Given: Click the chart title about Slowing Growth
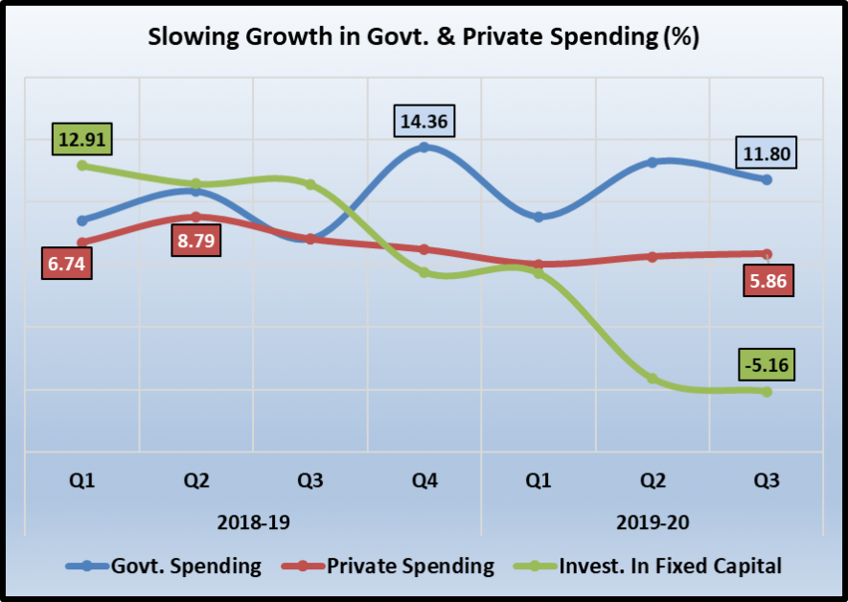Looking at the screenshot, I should point(423,37).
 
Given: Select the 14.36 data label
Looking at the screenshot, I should point(424,122).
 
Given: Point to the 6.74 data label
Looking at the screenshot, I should point(67,265).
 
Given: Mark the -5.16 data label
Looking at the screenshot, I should point(767,365).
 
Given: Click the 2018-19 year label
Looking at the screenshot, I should point(253,522).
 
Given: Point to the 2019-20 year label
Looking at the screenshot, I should point(653,522).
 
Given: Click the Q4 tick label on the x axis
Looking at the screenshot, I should point(424,481).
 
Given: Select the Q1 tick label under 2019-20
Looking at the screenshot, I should point(539,481).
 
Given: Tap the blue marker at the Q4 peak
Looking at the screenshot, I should point(424,147).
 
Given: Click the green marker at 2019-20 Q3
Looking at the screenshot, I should point(767,391).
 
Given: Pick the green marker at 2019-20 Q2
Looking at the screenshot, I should point(653,379).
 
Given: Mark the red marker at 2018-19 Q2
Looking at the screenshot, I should point(196,217).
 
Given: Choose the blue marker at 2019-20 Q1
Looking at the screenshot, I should point(539,218).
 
